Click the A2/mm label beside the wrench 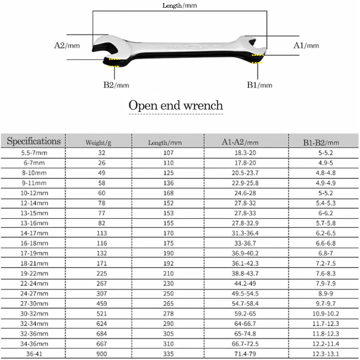pyautogui.click(x=66, y=45)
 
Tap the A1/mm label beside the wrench pyautogui.click(x=306, y=45)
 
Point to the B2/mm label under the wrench pyautogui.click(x=116, y=85)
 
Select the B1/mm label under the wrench pyautogui.click(x=259, y=85)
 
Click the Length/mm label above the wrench pyautogui.click(x=180, y=6)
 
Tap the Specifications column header pyautogui.click(x=34, y=141)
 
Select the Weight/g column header pyautogui.click(x=98, y=143)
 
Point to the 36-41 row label pyautogui.click(x=34, y=354)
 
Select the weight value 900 pyautogui.click(x=98, y=354)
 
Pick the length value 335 pyautogui.click(x=165, y=354)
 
